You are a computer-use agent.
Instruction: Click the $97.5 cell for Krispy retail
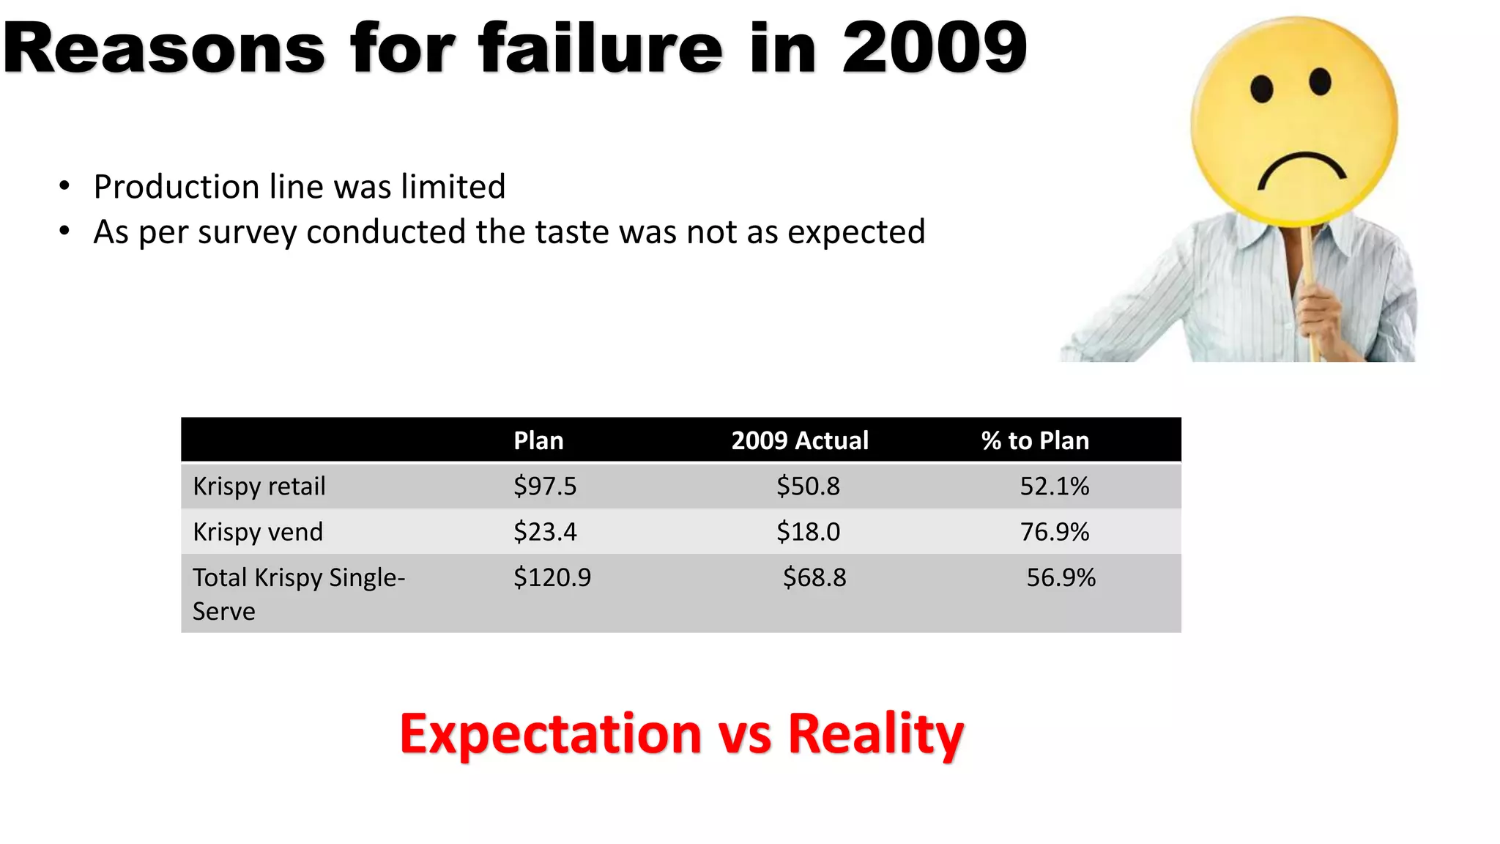[x=545, y=486]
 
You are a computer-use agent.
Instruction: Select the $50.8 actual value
[x=808, y=486]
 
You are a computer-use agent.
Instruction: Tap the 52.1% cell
[x=1054, y=486]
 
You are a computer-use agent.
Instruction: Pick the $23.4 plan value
[x=545, y=532]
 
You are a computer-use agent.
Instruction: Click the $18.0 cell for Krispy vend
[x=808, y=532]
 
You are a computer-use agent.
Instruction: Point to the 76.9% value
[x=1054, y=532]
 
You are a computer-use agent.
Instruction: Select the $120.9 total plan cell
[x=552, y=577]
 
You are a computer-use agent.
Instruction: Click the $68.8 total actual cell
[x=814, y=577]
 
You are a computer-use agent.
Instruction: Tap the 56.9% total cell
[x=1061, y=577]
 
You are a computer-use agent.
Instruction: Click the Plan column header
[x=538, y=441]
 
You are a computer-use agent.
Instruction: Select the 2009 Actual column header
[x=800, y=441]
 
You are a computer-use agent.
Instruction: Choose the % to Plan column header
[x=1035, y=441]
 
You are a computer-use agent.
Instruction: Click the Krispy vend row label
[x=258, y=532]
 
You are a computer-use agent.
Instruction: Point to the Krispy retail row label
[x=259, y=486]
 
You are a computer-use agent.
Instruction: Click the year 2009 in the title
[x=934, y=48]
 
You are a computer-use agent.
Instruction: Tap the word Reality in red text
[x=875, y=733]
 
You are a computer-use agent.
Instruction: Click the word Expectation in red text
[x=551, y=733]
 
